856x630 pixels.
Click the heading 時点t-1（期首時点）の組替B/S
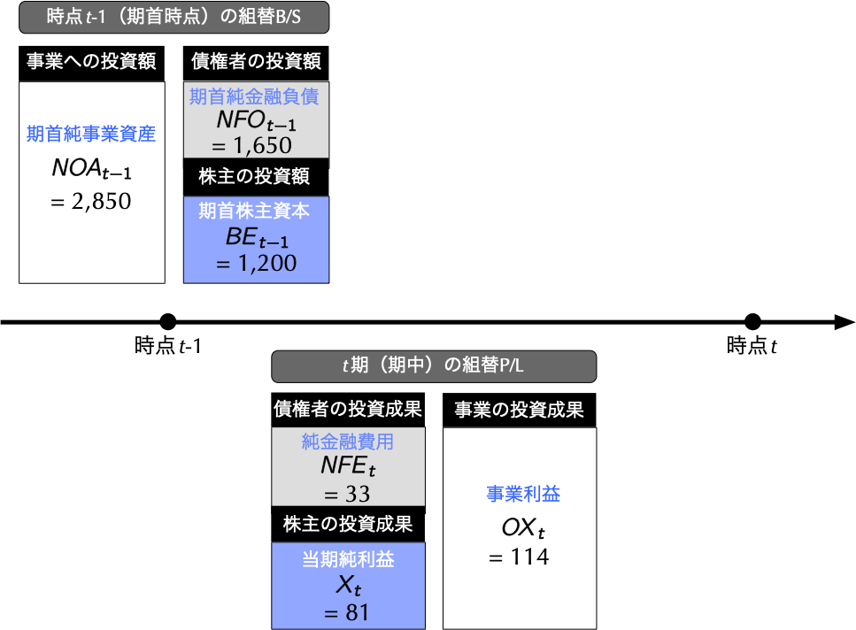pos(174,17)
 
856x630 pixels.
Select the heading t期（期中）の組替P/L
pos(433,365)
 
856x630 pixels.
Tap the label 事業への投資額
pos(91,61)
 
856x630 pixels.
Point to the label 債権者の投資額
pos(256,61)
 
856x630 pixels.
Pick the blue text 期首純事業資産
pos(91,134)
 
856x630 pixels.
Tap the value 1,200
pos(266,263)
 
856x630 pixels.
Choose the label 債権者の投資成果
pos(347,409)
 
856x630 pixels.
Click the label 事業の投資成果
pos(519,410)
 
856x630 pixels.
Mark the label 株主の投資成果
pos(348,524)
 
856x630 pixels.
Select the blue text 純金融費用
pos(347,442)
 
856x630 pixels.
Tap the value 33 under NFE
pos(356,494)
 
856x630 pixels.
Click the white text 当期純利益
pos(348,559)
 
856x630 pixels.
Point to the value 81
pos(356,612)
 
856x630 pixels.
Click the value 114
pos(528,557)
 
